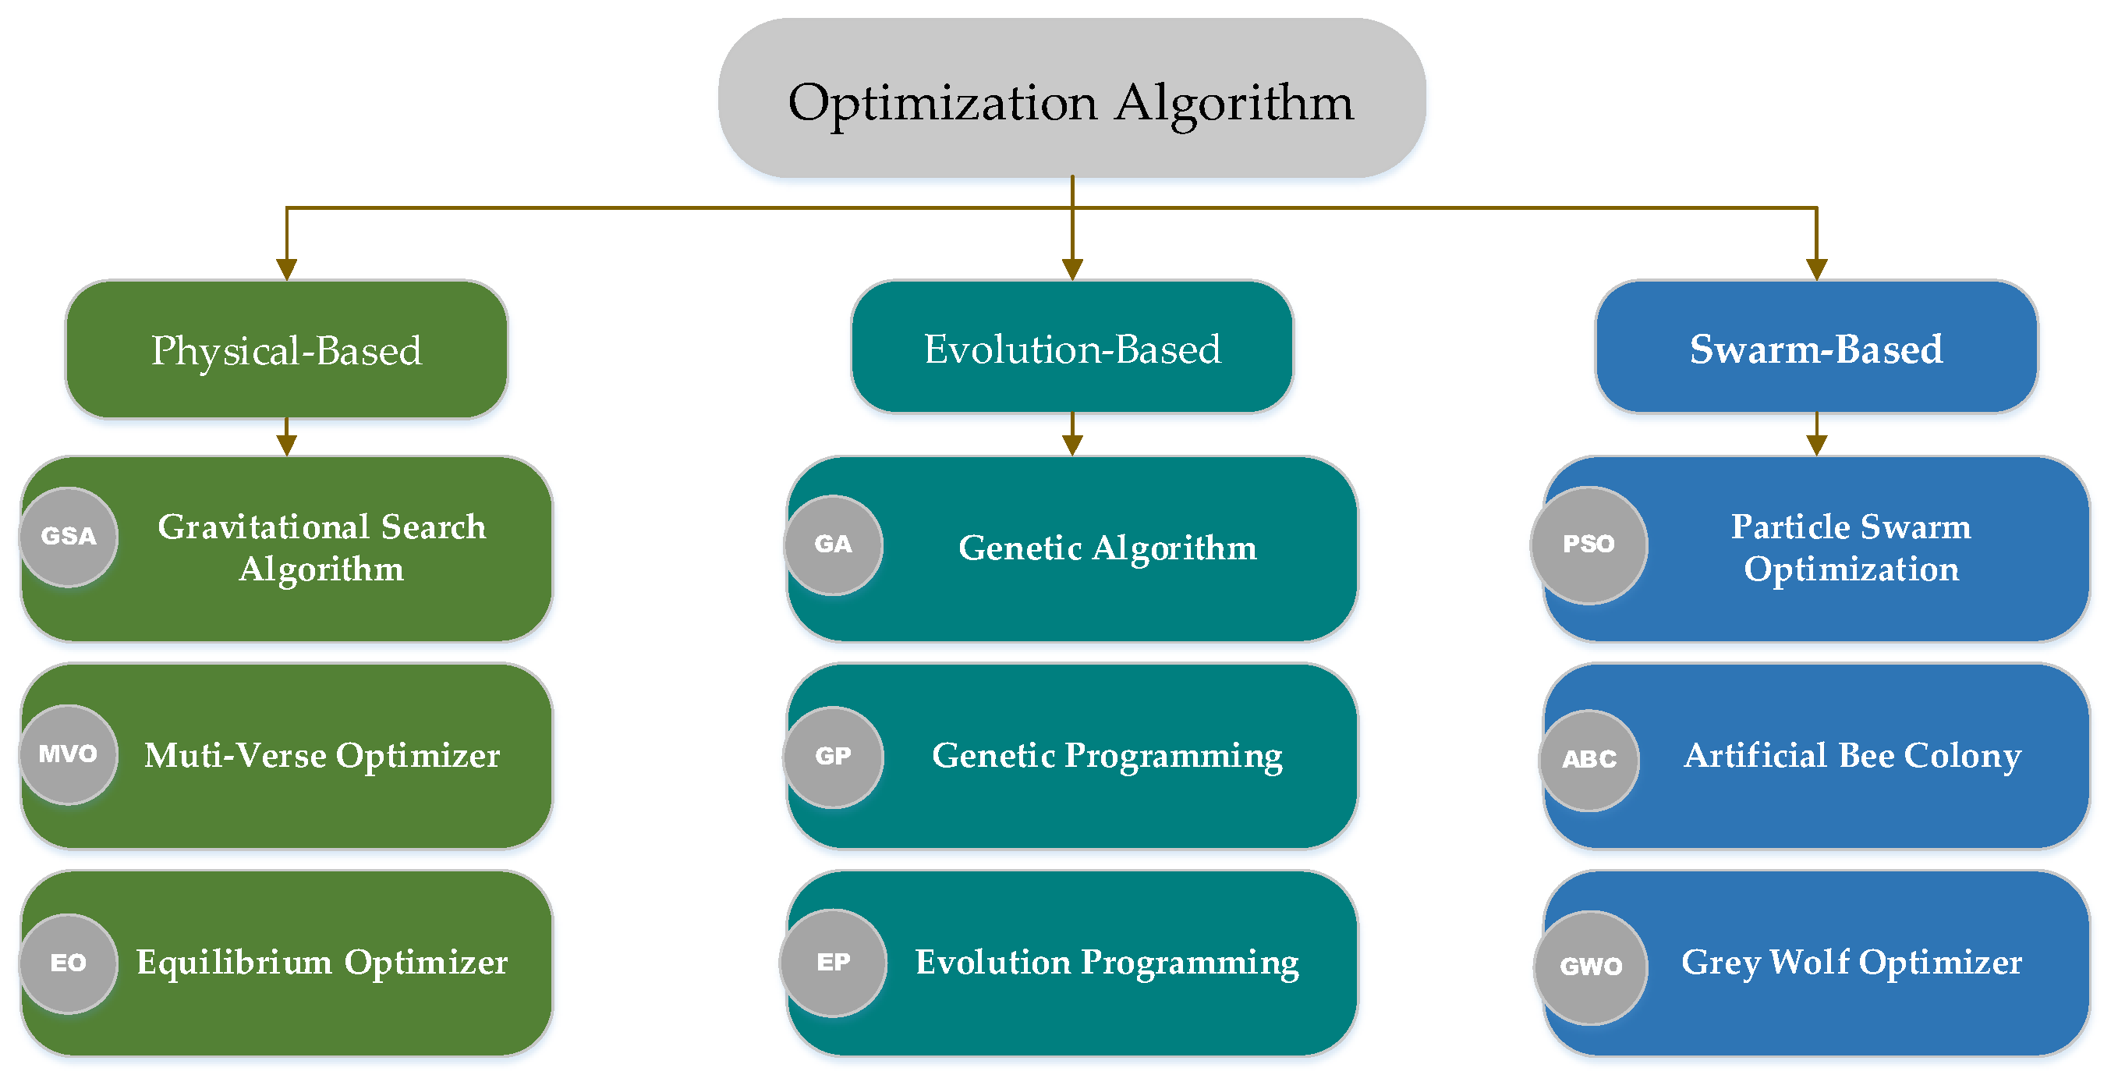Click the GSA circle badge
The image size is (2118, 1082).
click(x=69, y=537)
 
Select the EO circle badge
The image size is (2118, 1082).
click(x=69, y=963)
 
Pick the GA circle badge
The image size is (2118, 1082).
click(x=833, y=545)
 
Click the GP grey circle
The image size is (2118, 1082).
click(x=833, y=757)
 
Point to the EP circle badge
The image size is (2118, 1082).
click(x=833, y=962)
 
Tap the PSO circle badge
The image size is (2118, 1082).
click(x=1588, y=545)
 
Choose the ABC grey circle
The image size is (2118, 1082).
click(x=1588, y=759)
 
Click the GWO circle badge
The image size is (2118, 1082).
click(x=1590, y=967)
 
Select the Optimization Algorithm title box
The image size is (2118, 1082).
click(x=1071, y=98)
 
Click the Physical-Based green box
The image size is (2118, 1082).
click(x=286, y=350)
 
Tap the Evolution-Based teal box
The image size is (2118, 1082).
click(x=1071, y=348)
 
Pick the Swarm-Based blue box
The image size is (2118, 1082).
click(x=1815, y=348)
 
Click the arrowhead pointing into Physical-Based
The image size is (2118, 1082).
click(x=286, y=269)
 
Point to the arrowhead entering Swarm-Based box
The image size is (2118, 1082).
click(x=1815, y=269)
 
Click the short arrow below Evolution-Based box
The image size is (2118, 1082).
click(x=1071, y=436)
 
